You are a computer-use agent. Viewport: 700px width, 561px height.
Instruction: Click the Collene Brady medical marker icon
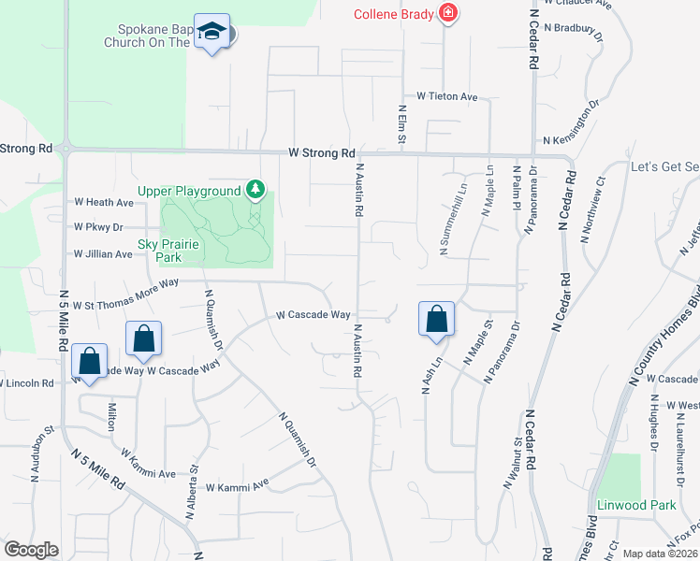click(448, 14)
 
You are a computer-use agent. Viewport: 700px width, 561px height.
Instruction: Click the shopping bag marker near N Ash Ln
click(436, 320)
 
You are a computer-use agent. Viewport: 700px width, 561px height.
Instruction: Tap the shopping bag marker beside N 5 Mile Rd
click(89, 362)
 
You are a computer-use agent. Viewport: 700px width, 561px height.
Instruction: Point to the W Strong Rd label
click(322, 152)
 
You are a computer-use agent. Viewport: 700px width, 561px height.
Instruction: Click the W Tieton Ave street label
click(447, 96)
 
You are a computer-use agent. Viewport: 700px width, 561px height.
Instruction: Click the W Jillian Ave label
click(104, 253)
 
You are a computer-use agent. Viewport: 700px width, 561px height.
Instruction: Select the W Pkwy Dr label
click(98, 227)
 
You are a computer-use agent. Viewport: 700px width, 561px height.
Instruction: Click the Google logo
click(31, 549)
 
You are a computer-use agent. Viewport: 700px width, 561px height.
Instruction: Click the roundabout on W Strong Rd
click(65, 148)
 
